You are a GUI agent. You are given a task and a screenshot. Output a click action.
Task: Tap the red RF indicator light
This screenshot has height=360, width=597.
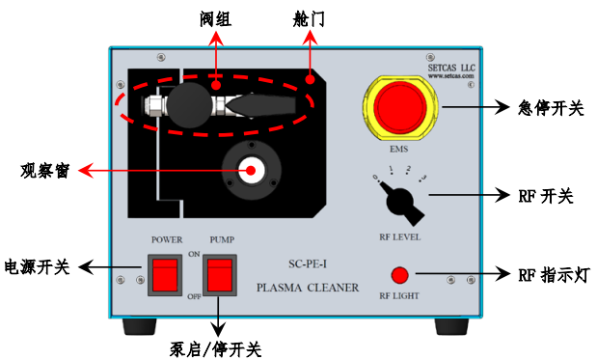click(x=399, y=274)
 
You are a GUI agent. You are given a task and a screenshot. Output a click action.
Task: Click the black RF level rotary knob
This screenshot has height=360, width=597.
click(x=399, y=203)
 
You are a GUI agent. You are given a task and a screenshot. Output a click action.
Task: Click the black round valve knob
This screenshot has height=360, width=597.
click(x=192, y=102)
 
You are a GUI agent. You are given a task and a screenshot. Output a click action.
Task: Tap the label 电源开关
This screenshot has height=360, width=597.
click(x=38, y=267)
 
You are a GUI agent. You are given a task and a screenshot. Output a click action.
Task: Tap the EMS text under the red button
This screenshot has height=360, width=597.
click(x=399, y=149)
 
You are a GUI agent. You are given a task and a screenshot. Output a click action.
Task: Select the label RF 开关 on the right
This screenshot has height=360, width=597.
click(x=546, y=196)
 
